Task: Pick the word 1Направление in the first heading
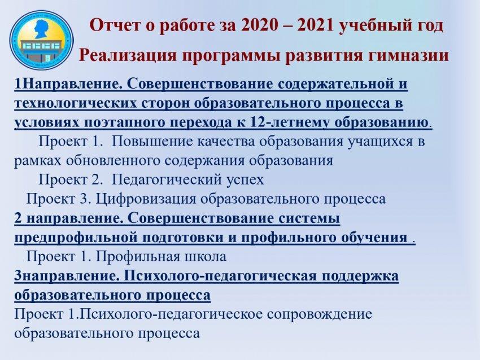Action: point(67,84)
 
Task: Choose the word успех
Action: point(246,181)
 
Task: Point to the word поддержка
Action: point(360,276)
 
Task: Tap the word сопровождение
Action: point(319,314)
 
